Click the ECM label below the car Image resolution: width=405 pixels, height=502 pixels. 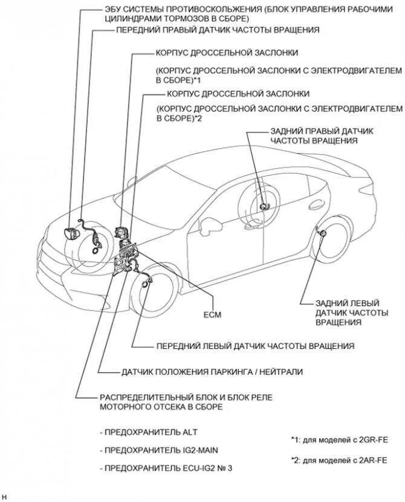pyautogui.click(x=213, y=315)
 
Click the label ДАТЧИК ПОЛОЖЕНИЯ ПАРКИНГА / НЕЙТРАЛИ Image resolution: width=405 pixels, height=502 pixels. pyautogui.click(x=212, y=371)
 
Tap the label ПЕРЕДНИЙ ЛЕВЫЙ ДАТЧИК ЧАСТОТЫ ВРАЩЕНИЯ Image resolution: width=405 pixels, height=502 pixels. pyautogui.click(x=254, y=346)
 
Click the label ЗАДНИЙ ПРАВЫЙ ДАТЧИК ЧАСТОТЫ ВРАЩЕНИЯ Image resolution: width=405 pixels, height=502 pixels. pyautogui.click(x=314, y=135)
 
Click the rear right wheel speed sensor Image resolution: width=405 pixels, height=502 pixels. pyautogui.click(x=263, y=206)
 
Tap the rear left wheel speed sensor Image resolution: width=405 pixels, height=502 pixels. pyautogui.click(x=323, y=233)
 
